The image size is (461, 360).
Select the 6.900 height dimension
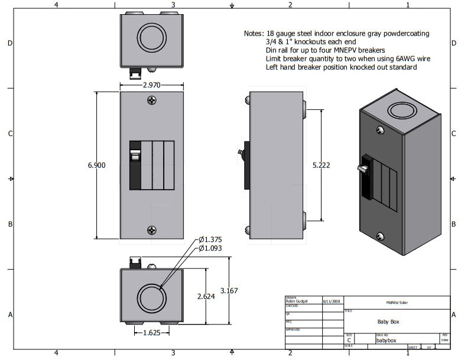click(96, 166)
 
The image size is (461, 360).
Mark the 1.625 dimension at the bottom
click(152, 333)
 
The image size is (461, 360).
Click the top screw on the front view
click(152, 101)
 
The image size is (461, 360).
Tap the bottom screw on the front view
click(152, 230)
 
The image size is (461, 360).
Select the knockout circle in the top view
click(153, 37)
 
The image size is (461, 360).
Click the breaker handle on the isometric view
click(362, 169)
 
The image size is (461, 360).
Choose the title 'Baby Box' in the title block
click(388, 322)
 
